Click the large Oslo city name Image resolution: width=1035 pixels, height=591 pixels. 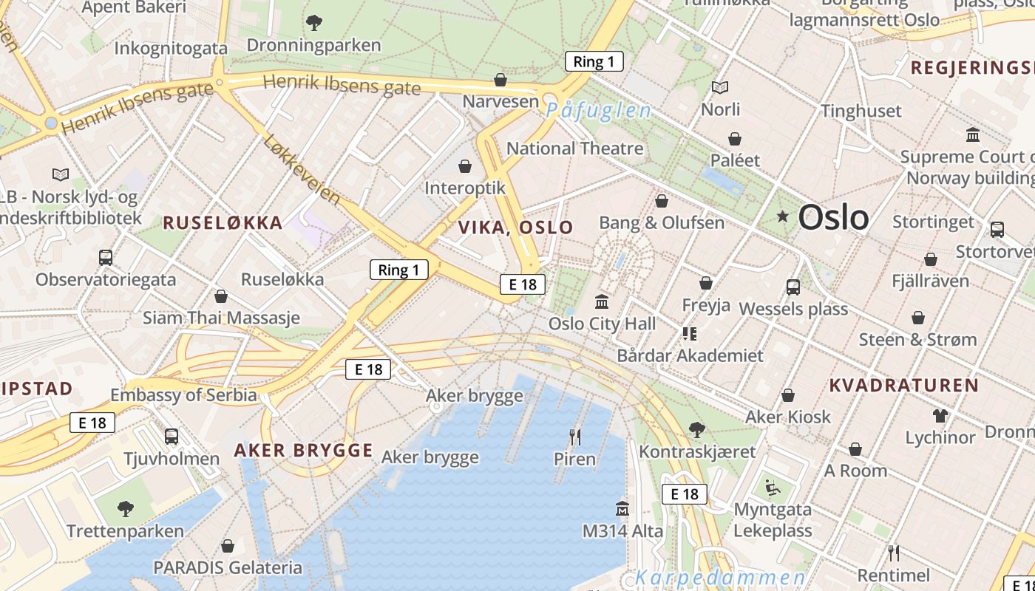[x=833, y=217]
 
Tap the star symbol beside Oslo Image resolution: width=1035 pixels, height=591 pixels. [x=783, y=216]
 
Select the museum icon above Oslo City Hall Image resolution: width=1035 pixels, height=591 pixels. [x=602, y=302]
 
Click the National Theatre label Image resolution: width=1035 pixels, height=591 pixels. [x=574, y=148]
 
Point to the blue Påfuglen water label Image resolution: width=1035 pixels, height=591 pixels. [x=599, y=112]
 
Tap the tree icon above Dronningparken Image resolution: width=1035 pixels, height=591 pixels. [x=314, y=23]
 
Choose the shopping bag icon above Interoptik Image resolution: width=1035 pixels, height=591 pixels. [x=465, y=166]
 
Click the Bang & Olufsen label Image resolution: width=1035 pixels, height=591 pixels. [x=662, y=222]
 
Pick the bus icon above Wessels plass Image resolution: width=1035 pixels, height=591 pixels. [x=793, y=287]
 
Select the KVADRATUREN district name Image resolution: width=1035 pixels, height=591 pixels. [x=903, y=385]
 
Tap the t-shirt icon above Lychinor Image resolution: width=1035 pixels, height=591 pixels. [x=940, y=416]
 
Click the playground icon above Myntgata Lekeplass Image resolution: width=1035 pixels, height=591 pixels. [x=772, y=487]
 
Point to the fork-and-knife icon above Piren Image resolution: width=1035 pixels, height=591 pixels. [x=575, y=437]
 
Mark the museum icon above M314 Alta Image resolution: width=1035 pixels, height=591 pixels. [x=622, y=509]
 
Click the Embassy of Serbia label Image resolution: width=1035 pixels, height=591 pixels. [x=183, y=395]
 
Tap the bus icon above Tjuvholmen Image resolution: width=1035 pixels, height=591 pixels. [x=172, y=437]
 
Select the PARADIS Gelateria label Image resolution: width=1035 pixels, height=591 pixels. [x=228, y=567]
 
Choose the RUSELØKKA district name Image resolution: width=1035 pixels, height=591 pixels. [x=223, y=223]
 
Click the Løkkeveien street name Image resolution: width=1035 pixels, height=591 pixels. [x=302, y=171]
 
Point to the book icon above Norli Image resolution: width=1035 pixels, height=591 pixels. [x=720, y=88]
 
